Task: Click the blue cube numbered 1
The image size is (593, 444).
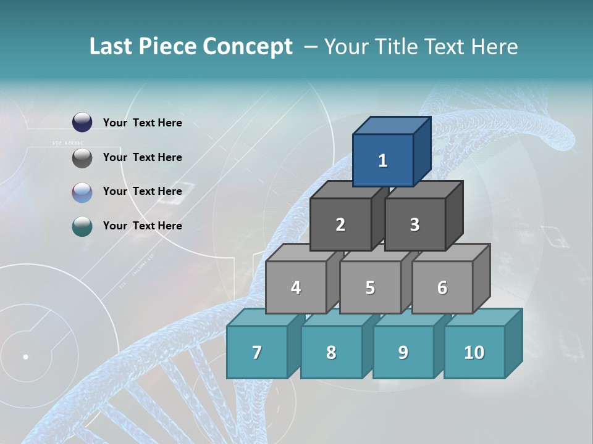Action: coord(383,160)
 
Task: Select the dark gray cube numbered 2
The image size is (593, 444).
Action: coord(340,224)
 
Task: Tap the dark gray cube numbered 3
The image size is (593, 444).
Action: coord(414,224)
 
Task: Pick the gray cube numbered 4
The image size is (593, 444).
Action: coord(296,287)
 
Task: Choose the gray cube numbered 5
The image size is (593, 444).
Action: coord(370,287)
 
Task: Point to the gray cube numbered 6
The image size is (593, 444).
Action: coord(442,287)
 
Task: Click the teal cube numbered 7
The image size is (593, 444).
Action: coord(257,352)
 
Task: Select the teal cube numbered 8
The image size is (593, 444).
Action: coord(331,352)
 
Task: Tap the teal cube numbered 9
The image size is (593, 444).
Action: coord(403,352)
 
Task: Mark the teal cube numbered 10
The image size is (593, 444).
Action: coord(474,352)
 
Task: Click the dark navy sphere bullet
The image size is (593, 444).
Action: coord(82,123)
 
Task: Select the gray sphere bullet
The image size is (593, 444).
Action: coord(82,158)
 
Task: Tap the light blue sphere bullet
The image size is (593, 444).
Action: coord(82,192)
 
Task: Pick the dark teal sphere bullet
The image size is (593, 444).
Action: coord(82,226)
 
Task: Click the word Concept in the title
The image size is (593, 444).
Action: coord(248,47)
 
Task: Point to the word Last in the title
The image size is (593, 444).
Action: coord(112,47)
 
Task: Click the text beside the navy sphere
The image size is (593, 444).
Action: coord(143,123)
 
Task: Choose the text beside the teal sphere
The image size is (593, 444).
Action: coord(143,226)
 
